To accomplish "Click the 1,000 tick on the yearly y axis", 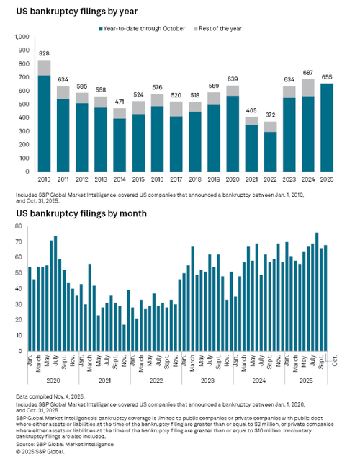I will (22, 37).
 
